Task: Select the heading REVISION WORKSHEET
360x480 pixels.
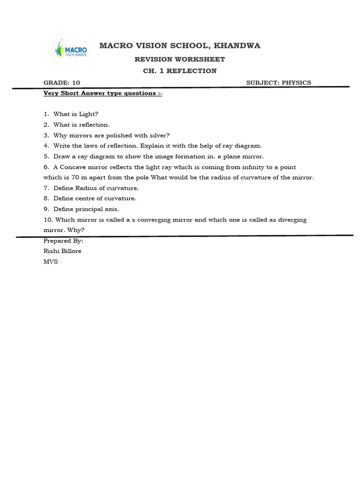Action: tap(180, 59)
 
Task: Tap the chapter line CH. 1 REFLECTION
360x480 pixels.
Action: tap(180, 71)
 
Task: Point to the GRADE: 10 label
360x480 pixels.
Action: tap(62, 82)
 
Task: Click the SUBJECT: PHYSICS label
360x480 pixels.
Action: tap(278, 82)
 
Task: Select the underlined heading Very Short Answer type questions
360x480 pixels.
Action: tap(103, 93)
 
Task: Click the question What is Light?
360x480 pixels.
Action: tap(75, 114)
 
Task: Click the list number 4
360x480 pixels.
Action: tap(46, 146)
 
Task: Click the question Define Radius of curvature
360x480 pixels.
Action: tap(96, 188)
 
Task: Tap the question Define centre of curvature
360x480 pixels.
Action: tap(95, 198)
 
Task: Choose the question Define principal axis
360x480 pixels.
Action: tap(86, 209)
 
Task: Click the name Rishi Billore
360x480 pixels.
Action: tap(62, 251)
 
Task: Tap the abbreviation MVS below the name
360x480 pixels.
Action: tap(51, 262)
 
